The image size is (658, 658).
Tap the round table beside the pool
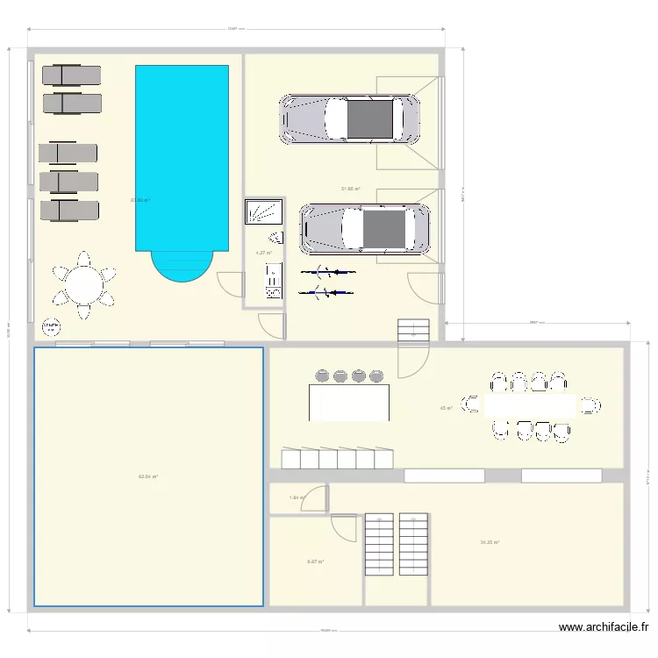tap(83, 285)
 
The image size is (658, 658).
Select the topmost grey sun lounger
tap(72, 75)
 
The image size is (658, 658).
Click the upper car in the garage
tap(349, 119)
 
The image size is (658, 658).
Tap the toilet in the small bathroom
tap(276, 236)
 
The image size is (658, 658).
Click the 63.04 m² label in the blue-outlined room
tap(147, 476)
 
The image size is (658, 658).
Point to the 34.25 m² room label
tap(490, 542)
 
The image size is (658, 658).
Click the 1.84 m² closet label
tap(297, 497)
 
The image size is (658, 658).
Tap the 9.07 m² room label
tap(315, 561)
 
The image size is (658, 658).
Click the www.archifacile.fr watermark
tap(604, 627)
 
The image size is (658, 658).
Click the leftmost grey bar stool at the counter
tap(321, 376)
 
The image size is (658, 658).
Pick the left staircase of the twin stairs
tap(379, 543)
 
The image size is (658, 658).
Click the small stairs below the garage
tap(411, 330)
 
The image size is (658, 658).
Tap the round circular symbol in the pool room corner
tap(51, 327)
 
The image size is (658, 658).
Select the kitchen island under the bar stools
tap(349, 402)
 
